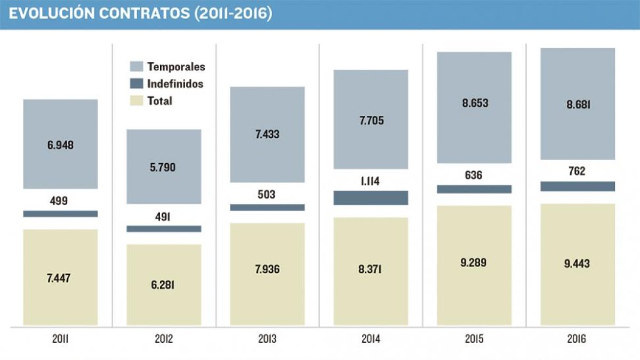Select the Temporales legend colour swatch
137,66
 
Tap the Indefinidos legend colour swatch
137,83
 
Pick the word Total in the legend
159,101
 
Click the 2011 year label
60,339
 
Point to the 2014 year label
371,339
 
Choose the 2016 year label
577,339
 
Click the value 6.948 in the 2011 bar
60,145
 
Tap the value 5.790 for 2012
163,167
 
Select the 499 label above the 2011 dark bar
59,201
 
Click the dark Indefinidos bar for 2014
371,198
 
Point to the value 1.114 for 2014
370,181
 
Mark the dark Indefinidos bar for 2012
164,229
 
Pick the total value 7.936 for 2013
267,269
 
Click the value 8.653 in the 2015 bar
475,103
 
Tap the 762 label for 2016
577,171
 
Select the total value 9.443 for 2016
577,263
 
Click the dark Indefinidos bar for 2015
474,189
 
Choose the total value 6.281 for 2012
163,285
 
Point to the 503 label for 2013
266,194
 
